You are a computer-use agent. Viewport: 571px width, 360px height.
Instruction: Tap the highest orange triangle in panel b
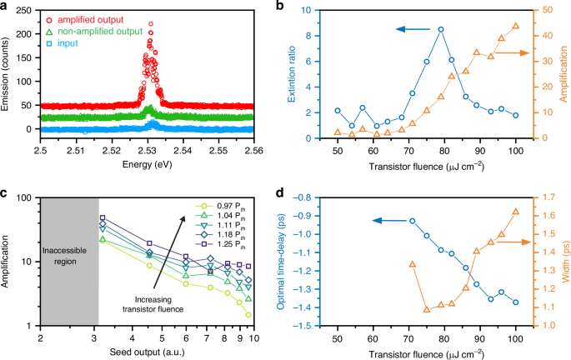point(516,26)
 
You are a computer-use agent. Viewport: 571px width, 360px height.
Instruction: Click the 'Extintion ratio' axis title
point(302,74)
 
